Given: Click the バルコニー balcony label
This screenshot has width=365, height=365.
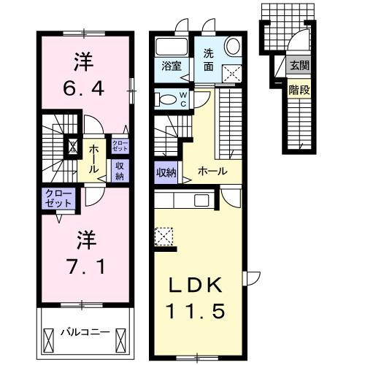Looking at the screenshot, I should pyautogui.click(x=85, y=332).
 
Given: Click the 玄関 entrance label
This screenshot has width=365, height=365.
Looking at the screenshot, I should pyautogui.click(x=299, y=66).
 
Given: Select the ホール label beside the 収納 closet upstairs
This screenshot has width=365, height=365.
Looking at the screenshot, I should pyautogui.click(x=95, y=157).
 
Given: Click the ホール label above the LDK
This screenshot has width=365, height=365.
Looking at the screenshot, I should pyautogui.click(x=212, y=171).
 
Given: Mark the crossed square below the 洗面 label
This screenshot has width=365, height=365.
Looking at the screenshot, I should pyautogui.click(x=233, y=72).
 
